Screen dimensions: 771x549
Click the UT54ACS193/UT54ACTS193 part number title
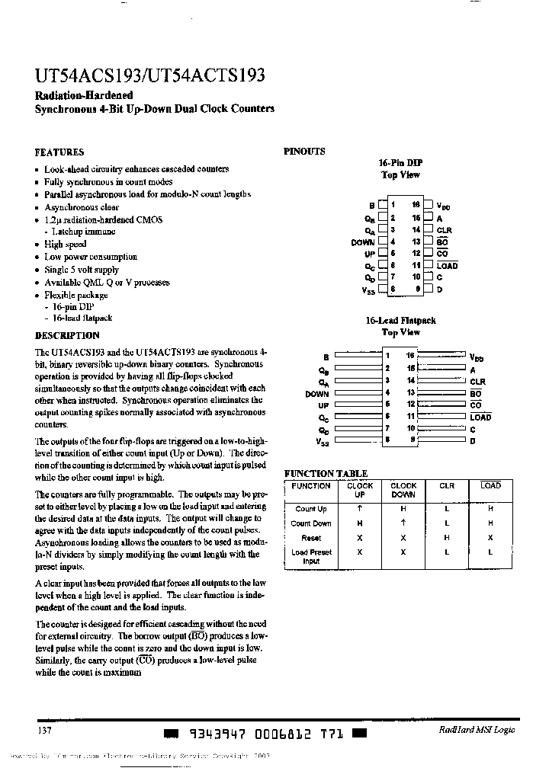click(x=150, y=76)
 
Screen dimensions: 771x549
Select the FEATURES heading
click(x=59, y=152)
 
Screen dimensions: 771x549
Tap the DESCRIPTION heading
click(x=67, y=335)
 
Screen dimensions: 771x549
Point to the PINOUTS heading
click(x=304, y=151)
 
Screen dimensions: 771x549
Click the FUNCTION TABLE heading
click(x=326, y=473)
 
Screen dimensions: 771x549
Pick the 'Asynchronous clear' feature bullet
click(x=82, y=207)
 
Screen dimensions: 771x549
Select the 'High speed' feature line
click(x=65, y=245)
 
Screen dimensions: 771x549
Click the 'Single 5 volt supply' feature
click(x=81, y=270)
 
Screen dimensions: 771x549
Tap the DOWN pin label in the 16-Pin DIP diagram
click(x=363, y=242)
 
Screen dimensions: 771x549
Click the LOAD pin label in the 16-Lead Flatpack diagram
click(x=480, y=417)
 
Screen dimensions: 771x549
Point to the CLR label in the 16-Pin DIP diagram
click(x=444, y=230)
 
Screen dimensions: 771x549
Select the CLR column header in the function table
click(x=447, y=486)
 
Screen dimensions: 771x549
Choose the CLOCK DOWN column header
click(x=403, y=490)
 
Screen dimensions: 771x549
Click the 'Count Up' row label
click(x=311, y=509)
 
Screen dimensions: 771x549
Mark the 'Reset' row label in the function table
click(x=311, y=538)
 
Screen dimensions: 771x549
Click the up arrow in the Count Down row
click(x=403, y=523)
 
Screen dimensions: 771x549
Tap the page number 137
click(x=43, y=730)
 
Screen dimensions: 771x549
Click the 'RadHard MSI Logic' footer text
click(x=477, y=730)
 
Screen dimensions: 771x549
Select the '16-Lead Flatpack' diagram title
click(x=400, y=321)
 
